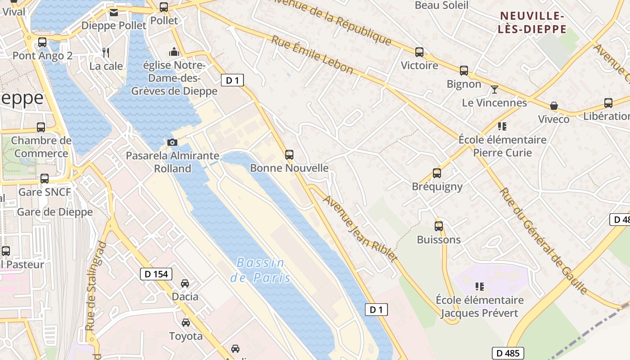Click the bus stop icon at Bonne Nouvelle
[289, 155]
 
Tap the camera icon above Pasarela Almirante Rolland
[172, 143]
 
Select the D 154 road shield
[156, 274]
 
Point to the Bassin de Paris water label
[261, 270]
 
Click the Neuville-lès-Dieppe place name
[533, 23]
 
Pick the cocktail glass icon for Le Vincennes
[495, 90]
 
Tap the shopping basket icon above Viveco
[554, 106]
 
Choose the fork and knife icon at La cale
[106, 53]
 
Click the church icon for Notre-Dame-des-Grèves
[174, 52]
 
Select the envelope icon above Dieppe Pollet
[114, 12]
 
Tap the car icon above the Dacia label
[185, 283]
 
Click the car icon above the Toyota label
[186, 323]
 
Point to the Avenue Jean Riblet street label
[360, 229]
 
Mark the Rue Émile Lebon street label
[312, 54]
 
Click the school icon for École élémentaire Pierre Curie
[502, 126]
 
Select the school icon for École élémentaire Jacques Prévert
[480, 286]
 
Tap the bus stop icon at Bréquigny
[437, 173]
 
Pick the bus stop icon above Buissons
[439, 226]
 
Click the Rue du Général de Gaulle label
[544, 241]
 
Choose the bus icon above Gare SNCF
[45, 179]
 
